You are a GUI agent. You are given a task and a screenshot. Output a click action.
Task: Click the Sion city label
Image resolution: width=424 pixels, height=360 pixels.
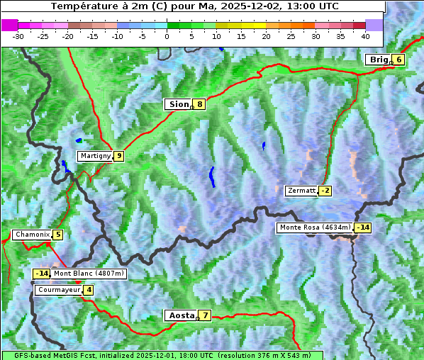click(178, 104)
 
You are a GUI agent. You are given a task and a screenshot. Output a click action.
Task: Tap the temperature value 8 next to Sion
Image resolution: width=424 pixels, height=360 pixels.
click(200, 104)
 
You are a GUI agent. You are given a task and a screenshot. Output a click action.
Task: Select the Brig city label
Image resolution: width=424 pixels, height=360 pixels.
click(378, 60)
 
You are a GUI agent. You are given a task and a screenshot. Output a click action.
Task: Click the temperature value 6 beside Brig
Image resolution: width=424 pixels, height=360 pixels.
click(399, 60)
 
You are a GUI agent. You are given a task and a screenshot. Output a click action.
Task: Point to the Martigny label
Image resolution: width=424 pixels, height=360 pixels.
click(95, 156)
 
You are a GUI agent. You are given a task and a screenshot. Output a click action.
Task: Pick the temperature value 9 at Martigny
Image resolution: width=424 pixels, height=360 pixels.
click(118, 156)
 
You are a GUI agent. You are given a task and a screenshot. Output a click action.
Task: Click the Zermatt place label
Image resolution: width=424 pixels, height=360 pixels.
click(301, 191)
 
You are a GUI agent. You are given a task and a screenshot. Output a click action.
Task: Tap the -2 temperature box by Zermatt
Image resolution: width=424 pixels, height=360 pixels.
click(325, 191)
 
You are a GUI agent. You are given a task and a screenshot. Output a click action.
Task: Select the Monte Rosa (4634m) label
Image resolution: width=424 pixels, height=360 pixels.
click(315, 227)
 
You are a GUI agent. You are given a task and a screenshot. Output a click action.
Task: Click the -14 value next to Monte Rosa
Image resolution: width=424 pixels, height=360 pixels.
click(362, 227)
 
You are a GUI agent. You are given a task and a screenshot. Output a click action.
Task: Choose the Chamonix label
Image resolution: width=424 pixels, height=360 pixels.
click(32, 235)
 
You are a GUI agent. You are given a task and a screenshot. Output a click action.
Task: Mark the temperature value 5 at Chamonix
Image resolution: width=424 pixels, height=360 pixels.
click(57, 235)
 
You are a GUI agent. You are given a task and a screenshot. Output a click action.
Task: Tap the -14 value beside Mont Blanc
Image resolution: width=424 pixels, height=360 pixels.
click(42, 274)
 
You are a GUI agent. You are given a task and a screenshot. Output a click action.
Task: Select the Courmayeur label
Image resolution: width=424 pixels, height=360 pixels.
click(59, 290)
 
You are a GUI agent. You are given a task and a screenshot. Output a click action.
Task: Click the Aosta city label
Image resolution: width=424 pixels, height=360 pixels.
click(181, 315)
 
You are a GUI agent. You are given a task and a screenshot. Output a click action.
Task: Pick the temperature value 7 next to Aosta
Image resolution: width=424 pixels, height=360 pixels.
click(205, 315)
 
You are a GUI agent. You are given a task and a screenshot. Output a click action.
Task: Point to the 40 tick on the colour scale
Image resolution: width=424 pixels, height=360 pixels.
click(365, 35)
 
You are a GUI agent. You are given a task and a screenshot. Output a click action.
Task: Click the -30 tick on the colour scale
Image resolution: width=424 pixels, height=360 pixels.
click(18, 35)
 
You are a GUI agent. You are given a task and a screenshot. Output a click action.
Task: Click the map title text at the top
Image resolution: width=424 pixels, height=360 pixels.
click(195, 6)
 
